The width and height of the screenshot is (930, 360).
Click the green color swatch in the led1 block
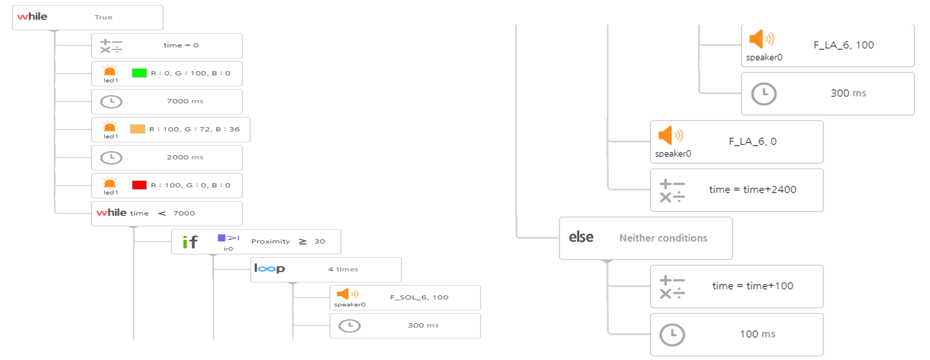tap(139, 73)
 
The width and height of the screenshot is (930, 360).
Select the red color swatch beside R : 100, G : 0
tap(139, 185)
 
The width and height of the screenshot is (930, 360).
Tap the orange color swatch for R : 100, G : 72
tap(137, 129)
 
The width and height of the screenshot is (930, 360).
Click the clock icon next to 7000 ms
tap(111, 102)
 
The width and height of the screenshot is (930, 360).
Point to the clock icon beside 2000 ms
tap(111, 158)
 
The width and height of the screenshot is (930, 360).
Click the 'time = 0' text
tap(181, 45)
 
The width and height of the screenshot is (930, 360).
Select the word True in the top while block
tap(103, 17)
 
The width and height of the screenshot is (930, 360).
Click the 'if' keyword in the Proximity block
tap(190, 242)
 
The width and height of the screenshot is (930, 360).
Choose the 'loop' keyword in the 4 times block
tap(269, 269)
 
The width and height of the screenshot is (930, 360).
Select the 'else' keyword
tap(581, 237)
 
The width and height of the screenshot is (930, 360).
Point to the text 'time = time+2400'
tap(752, 190)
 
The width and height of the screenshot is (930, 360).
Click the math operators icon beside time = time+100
tap(672, 287)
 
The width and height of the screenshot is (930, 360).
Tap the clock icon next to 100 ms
tap(672, 335)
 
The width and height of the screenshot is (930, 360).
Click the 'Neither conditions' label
tap(663, 238)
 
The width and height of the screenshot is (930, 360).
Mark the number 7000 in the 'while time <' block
tap(184, 213)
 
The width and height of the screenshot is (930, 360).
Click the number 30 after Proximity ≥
tap(320, 241)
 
